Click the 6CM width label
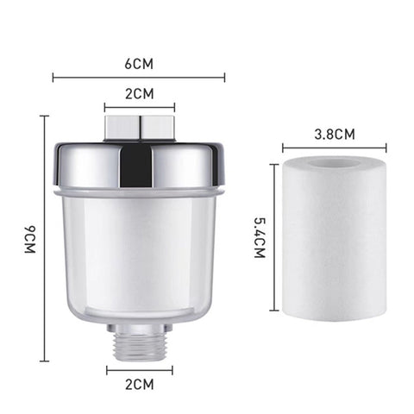(x=138, y=64)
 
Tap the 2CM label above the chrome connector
(x=139, y=93)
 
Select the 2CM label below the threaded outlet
(x=139, y=384)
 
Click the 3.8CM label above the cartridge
(x=332, y=135)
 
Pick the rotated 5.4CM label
(x=260, y=237)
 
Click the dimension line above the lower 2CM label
(x=139, y=370)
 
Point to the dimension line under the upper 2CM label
(x=139, y=108)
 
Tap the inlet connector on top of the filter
(x=139, y=127)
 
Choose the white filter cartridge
(x=334, y=250)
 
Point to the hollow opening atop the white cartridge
(x=334, y=164)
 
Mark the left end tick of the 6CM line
(x=53, y=78)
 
